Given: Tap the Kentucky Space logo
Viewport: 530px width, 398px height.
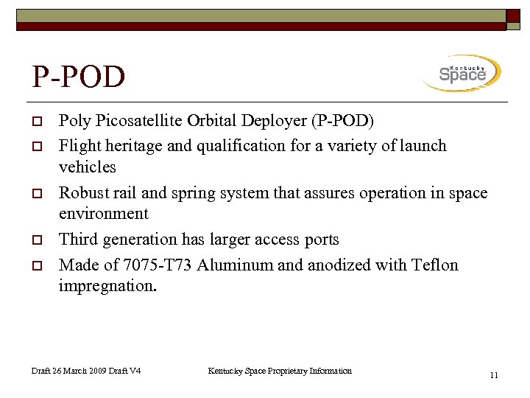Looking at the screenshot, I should pos(462,73).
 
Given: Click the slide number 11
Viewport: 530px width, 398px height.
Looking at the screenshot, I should pos(494,375).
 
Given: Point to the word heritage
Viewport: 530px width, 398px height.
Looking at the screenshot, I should pos(133,145).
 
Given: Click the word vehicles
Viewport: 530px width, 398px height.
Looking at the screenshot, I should pos(87,167).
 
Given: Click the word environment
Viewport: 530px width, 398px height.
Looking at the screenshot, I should pos(103,214).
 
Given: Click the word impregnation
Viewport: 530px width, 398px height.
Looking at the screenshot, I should pos(107,286).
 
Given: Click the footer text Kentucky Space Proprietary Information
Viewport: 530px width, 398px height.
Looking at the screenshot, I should pos(280,371).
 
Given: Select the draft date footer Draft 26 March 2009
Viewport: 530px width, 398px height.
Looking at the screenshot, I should pos(69,371).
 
